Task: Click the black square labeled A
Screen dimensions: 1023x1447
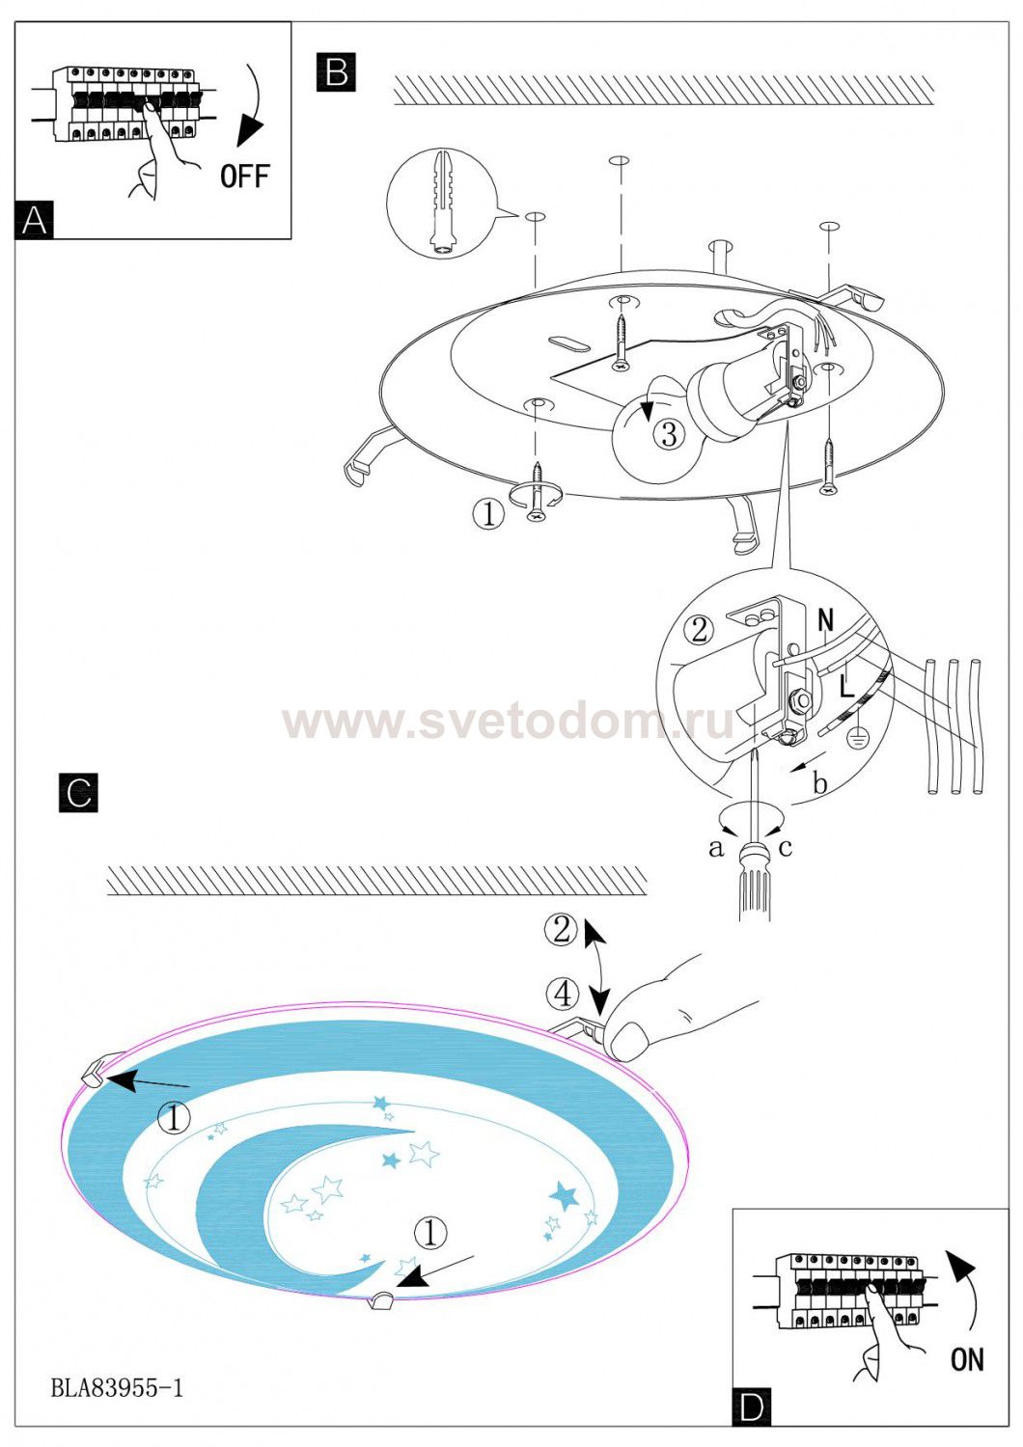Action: coord(34,219)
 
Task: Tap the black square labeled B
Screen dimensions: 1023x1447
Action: coord(336,71)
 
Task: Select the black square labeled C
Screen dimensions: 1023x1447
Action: coord(78,792)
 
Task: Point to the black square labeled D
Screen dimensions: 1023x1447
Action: coord(752,1406)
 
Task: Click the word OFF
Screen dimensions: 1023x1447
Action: coord(245,176)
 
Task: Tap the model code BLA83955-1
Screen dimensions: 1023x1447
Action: coord(117,1387)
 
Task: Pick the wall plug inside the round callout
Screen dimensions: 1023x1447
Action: coord(442,201)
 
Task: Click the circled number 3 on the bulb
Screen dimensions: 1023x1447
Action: coord(669,434)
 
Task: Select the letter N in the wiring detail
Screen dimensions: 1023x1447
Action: coord(826,620)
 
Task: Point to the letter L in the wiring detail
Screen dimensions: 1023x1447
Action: coord(846,687)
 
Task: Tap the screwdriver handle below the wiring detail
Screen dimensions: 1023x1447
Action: coord(755,881)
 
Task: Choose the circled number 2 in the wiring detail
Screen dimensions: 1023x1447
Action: coord(699,630)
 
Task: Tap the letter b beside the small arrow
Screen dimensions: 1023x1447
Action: coord(820,783)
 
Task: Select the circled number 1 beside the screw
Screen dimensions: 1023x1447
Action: coord(488,514)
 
